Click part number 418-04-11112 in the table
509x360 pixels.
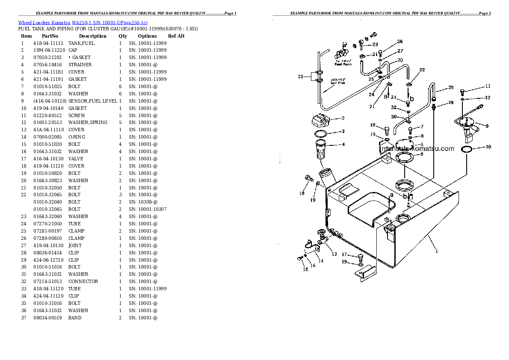tap(48, 43)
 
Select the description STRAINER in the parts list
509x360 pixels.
tap(80, 65)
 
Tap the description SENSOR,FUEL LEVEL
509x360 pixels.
tap(92, 101)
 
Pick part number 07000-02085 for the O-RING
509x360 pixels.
tap(48, 137)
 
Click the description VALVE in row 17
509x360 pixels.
tap(76, 159)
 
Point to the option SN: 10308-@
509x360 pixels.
tap(143, 202)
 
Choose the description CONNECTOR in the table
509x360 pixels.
tap(83, 281)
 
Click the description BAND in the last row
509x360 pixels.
tap(75, 318)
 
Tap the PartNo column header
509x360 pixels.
tap(50, 36)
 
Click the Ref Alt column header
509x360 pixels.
tap(176, 36)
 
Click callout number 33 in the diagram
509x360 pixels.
tap(301, 77)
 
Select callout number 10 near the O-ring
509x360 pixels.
tap(488, 147)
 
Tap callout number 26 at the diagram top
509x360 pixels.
tap(400, 41)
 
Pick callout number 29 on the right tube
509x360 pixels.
tap(451, 88)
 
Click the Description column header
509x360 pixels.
tap(92, 36)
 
